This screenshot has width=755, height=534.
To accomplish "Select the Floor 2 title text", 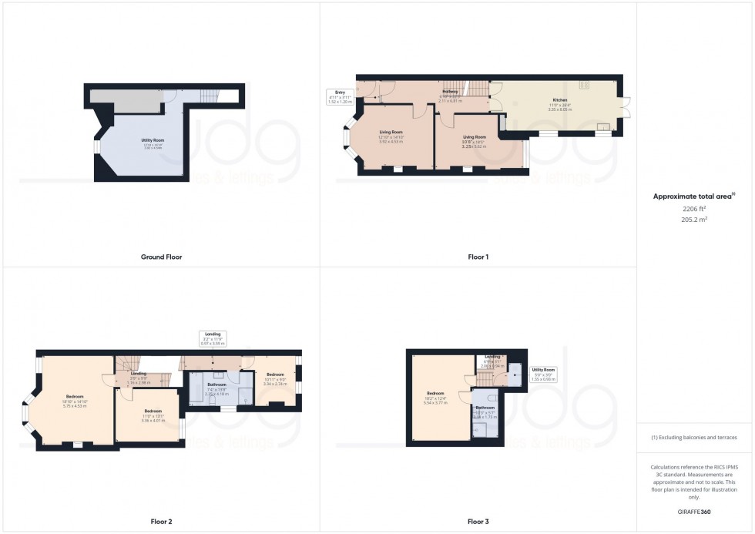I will [161, 522].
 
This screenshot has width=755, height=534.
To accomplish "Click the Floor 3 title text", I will [478, 522].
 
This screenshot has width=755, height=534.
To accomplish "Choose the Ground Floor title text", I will [161, 257].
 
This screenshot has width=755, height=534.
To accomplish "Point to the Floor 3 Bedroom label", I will [435, 396].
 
